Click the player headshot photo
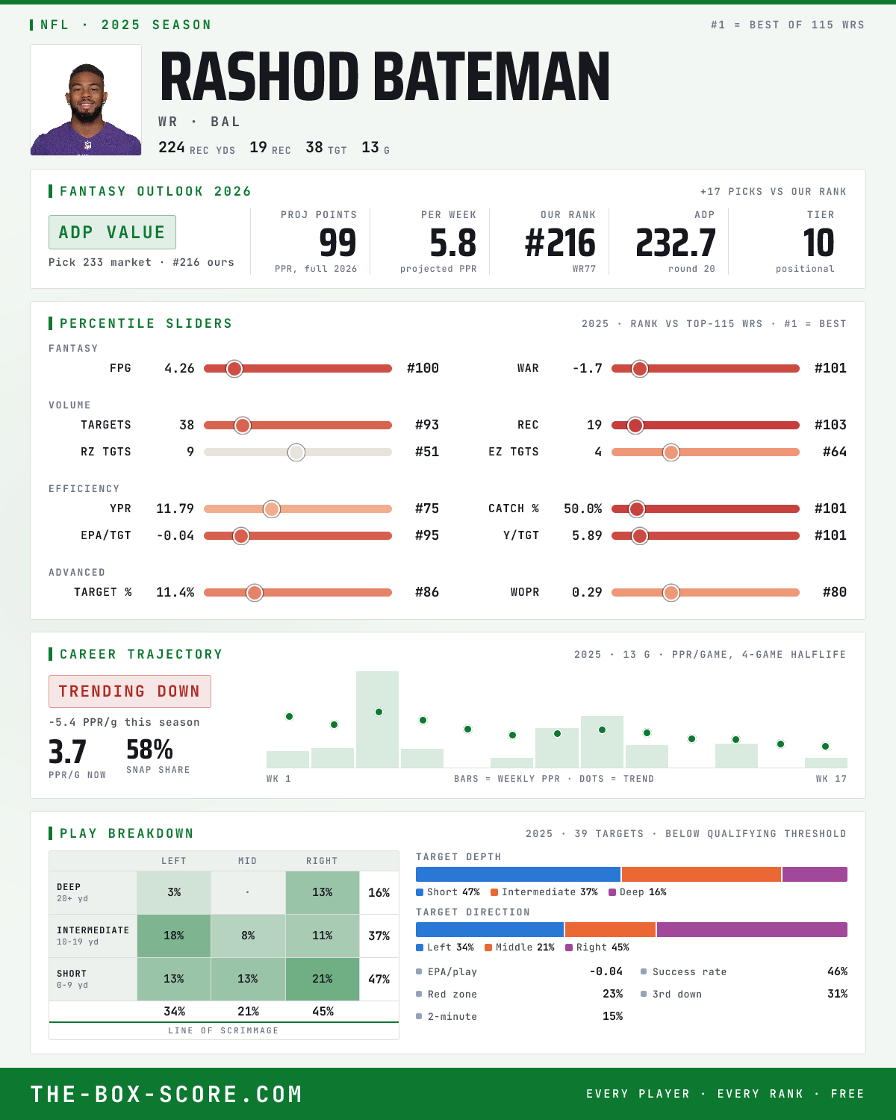pyautogui.click(x=86, y=100)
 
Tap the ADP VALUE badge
pyautogui.click(x=112, y=232)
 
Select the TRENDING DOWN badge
pyautogui.click(x=130, y=691)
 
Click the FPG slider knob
pyautogui.click(x=234, y=368)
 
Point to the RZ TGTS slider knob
pyautogui.click(x=296, y=452)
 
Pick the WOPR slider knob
pyautogui.click(x=671, y=592)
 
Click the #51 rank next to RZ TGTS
pyautogui.click(x=427, y=452)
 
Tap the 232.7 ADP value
pyautogui.click(x=675, y=243)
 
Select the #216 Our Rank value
pyautogui.click(x=560, y=243)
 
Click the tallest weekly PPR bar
pyautogui.click(x=378, y=719)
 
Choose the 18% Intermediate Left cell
pyautogui.click(x=174, y=936)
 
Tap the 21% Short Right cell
pyautogui.click(x=323, y=978)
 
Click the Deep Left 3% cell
pyautogui.click(x=174, y=892)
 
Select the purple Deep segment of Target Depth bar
pyautogui.click(x=815, y=874)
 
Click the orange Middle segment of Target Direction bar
pyautogui.click(x=610, y=930)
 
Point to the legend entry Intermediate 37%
pyautogui.click(x=544, y=892)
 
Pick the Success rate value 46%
pyautogui.click(x=837, y=971)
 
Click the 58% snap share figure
pyautogui.click(x=149, y=750)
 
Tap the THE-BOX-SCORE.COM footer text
pyautogui.click(x=167, y=1094)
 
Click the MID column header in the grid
pyautogui.click(x=248, y=861)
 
